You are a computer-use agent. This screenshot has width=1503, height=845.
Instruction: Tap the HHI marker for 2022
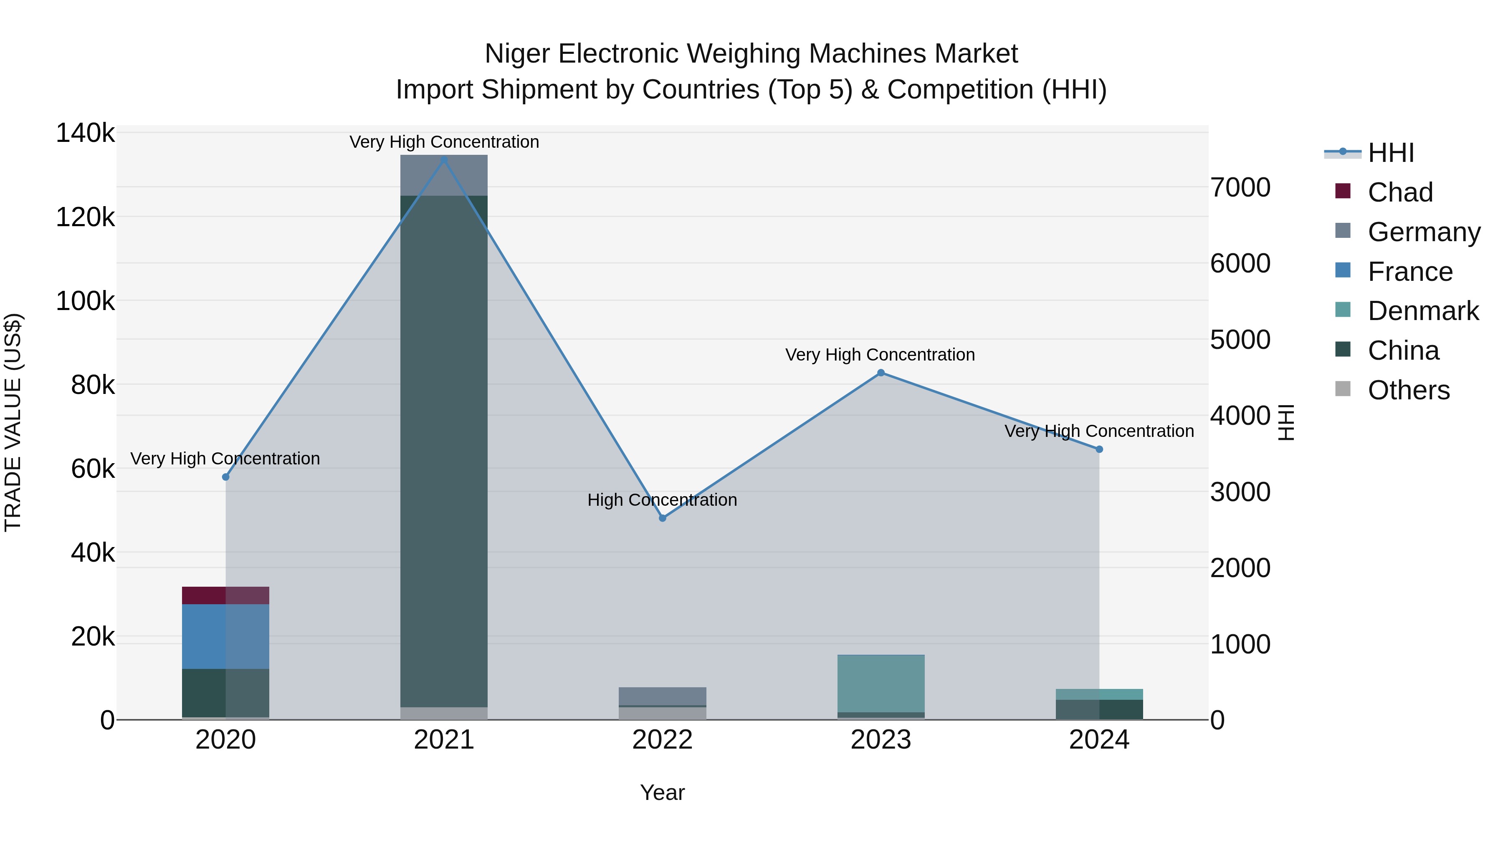[x=662, y=518]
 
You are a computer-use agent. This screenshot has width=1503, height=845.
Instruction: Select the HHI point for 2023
[x=881, y=373]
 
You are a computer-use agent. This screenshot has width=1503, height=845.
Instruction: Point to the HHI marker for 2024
[x=1099, y=449]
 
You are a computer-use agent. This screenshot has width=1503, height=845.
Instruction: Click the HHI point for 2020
[x=226, y=477]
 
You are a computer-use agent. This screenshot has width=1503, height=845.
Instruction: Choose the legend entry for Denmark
[x=1422, y=311]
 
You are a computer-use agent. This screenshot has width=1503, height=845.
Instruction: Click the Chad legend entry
[x=1399, y=192]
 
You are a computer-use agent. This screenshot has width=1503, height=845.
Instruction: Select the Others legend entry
[x=1408, y=390]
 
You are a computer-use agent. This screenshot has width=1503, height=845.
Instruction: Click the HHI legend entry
[x=1390, y=153]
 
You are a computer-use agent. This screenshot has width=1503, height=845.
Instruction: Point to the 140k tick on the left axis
[x=85, y=134]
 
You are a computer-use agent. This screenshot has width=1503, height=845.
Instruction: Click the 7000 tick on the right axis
[x=1240, y=187]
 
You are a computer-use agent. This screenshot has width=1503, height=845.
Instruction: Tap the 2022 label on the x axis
[x=662, y=740]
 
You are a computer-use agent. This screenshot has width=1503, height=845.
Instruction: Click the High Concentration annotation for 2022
[x=662, y=500]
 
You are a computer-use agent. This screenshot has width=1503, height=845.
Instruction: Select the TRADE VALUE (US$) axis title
[x=13, y=422]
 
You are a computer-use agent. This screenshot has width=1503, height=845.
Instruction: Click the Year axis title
[x=662, y=792]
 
